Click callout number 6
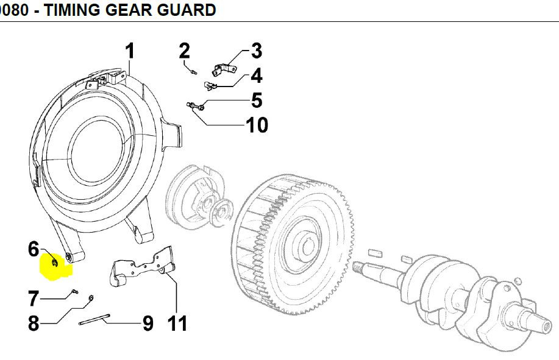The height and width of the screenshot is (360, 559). tap(34, 249)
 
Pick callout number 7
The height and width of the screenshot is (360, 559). tap(34, 298)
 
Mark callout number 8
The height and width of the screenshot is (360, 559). tap(34, 323)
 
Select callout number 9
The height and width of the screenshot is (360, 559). tap(148, 323)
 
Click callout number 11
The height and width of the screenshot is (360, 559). tap(177, 323)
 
